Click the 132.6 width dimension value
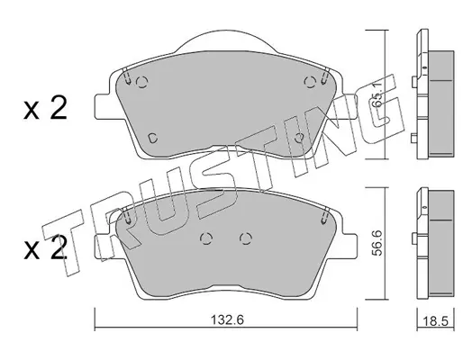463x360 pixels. pyautogui.click(x=227, y=319)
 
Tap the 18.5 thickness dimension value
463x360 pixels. pyautogui.click(x=435, y=321)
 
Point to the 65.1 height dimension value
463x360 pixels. pyautogui.click(x=377, y=94)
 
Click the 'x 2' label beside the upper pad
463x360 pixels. pyautogui.click(x=45, y=109)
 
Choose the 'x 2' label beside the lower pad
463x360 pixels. pyautogui.click(x=45, y=249)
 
